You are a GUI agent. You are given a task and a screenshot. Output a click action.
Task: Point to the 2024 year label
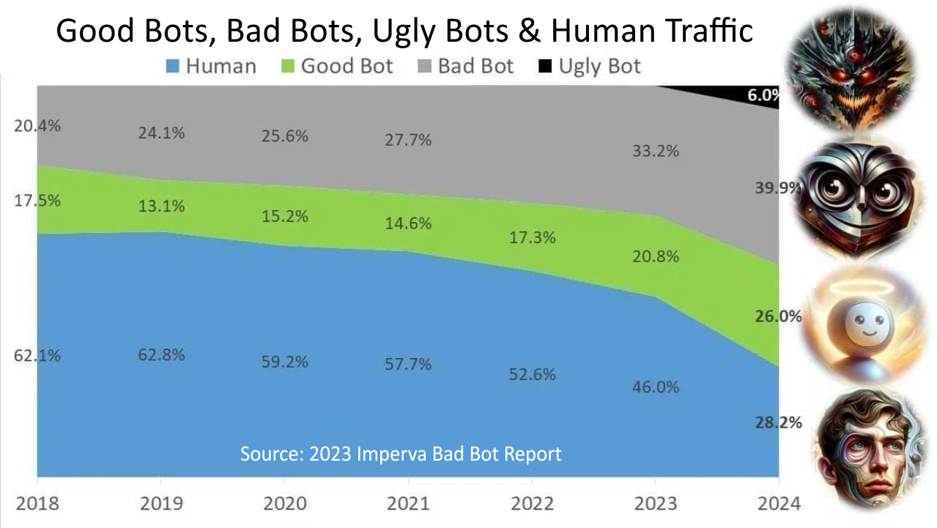pos(777,505)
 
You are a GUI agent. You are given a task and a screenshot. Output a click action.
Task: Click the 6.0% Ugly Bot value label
pos(762,95)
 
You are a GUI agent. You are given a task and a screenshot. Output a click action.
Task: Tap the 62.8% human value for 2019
pos(160,355)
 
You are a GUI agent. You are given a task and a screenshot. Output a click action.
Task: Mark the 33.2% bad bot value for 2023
pos(655,152)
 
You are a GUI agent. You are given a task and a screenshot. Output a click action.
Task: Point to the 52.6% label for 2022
pos(531,374)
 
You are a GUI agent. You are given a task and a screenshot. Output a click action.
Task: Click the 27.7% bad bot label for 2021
pos(407,140)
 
